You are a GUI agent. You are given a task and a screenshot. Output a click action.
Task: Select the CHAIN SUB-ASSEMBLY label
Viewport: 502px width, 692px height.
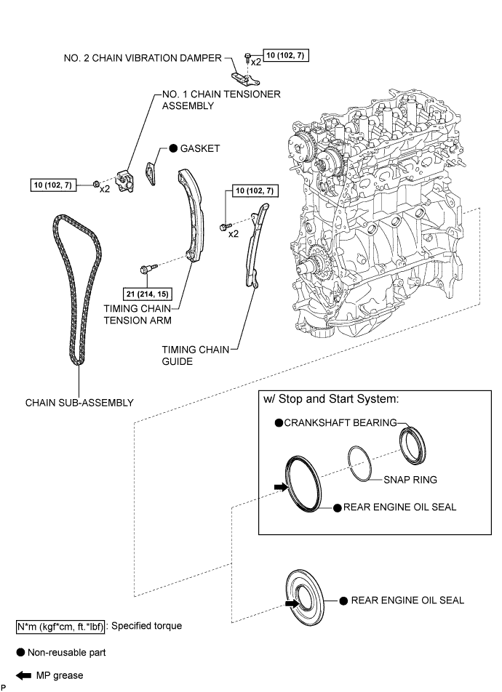pos(79,401)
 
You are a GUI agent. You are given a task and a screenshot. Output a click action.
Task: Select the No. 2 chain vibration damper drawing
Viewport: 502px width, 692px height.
pos(239,76)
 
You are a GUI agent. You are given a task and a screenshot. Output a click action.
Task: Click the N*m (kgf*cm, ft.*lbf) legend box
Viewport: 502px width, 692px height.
pos(60,626)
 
